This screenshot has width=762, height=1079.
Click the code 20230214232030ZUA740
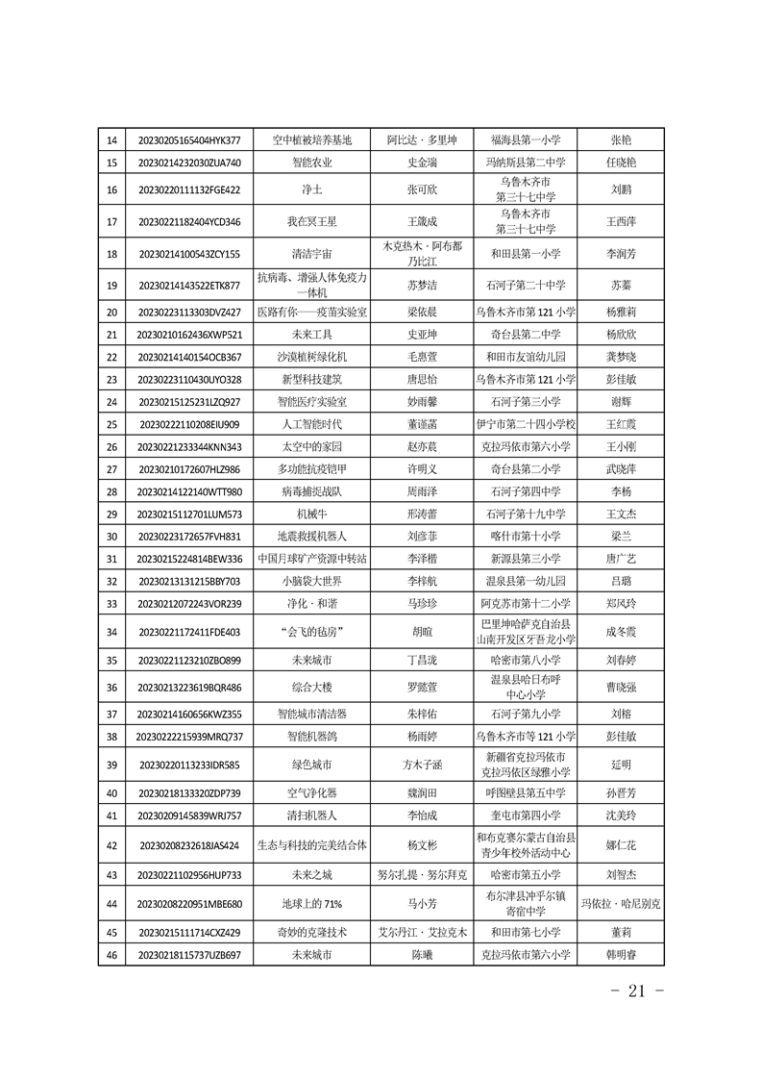click(x=190, y=163)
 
